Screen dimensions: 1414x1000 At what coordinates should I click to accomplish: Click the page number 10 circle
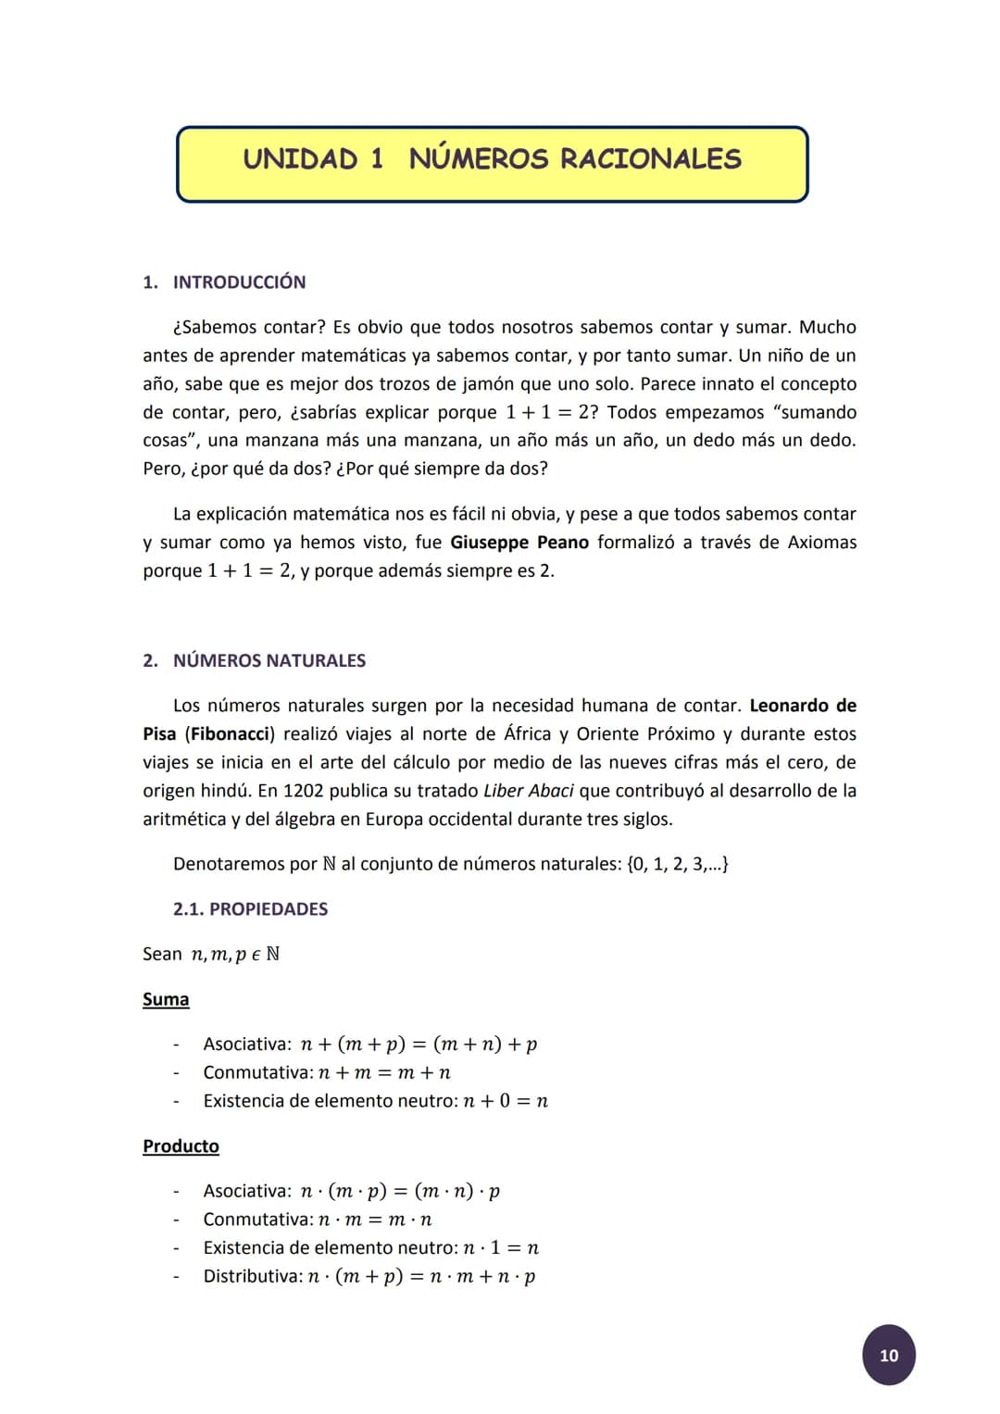point(888,1355)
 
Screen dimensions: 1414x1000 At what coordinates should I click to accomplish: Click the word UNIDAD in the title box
point(300,159)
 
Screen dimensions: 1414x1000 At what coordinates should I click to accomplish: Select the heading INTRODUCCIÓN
point(239,282)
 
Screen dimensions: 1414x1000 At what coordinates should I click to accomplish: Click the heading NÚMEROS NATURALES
point(269,661)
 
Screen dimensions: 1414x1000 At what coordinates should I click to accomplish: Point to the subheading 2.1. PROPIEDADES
point(250,909)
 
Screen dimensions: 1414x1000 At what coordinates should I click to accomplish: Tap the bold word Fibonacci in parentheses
point(231,734)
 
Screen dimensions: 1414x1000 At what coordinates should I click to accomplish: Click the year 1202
point(303,791)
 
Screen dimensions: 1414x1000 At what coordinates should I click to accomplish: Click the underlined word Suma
point(166,999)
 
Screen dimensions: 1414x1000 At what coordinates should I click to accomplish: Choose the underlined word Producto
point(181,1146)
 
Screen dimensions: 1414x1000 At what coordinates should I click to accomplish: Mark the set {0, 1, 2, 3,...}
point(677,864)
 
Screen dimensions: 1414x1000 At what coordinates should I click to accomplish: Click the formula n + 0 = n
point(506,1101)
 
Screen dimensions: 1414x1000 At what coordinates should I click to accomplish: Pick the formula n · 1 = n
point(500,1248)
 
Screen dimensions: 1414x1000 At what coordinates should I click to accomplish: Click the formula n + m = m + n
point(384,1073)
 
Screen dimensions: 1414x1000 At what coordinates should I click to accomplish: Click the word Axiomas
point(821,543)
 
